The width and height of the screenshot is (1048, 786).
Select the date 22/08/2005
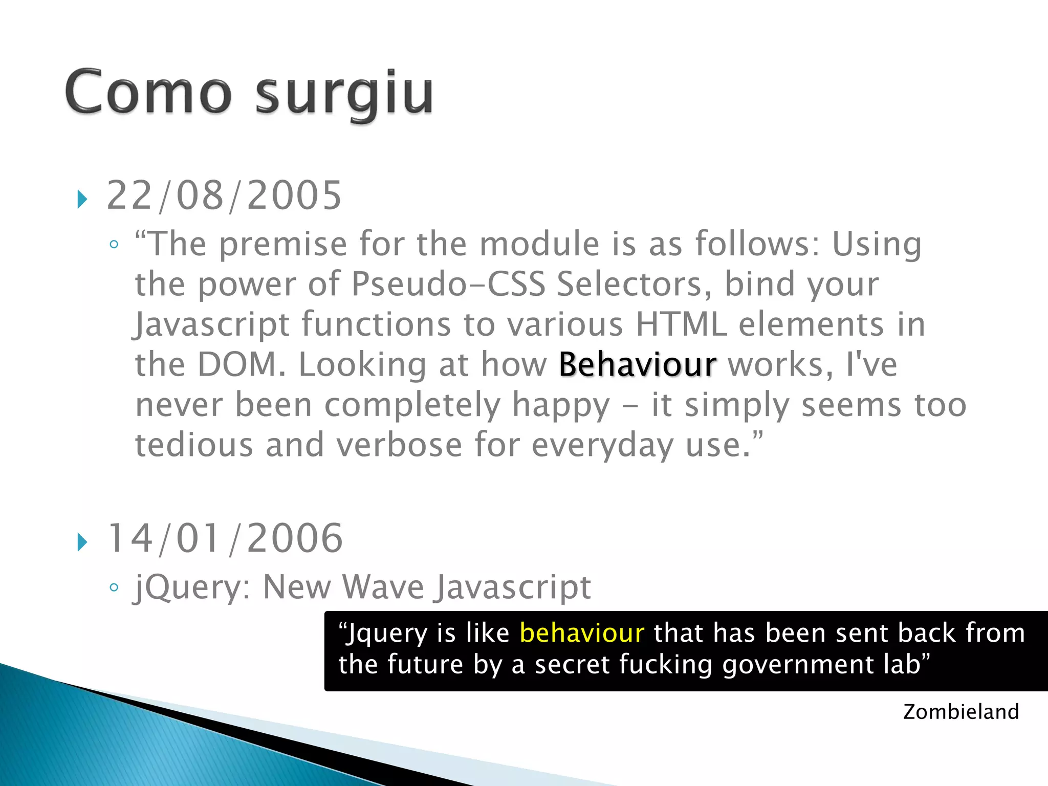pos(224,195)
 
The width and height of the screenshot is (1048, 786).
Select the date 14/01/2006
pos(225,538)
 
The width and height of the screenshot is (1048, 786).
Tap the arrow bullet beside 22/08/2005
pos(82,199)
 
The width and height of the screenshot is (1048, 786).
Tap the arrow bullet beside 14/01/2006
pos(82,542)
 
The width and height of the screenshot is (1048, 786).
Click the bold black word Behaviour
pos(637,365)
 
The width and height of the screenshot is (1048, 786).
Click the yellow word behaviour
pos(582,633)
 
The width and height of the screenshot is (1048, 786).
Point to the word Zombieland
pos(960,712)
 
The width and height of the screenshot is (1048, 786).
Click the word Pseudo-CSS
pos(448,285)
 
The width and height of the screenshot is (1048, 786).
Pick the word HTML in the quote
pos(681,324)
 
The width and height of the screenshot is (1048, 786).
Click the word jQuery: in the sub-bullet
pos(192,587)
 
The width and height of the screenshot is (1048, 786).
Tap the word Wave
pos(383,587)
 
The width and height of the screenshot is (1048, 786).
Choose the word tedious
pos(194,445)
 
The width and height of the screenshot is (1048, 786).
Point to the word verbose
pos(399,445)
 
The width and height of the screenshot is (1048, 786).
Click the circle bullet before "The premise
pos(114,245)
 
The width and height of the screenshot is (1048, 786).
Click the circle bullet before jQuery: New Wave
pos(114,587)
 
